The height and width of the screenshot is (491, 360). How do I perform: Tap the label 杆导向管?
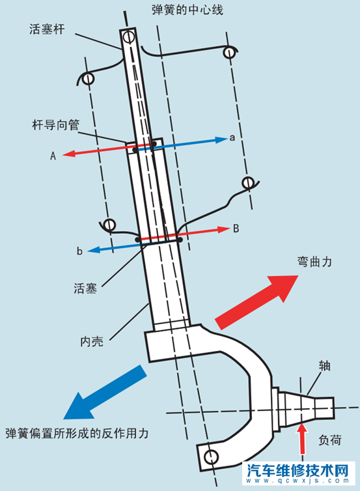[x=55, y=124]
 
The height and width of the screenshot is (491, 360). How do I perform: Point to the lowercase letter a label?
[x=232, y=138]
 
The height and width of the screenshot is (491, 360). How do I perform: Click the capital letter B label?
[x=236, y=229]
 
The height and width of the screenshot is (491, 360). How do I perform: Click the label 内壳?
[x=90, y=341]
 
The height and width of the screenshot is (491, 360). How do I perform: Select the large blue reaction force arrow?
[x=106, y=392]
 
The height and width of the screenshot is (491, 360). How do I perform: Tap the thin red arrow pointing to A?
[x=98, y=152]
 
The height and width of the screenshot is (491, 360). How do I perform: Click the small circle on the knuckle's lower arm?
[x=210, y=455]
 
